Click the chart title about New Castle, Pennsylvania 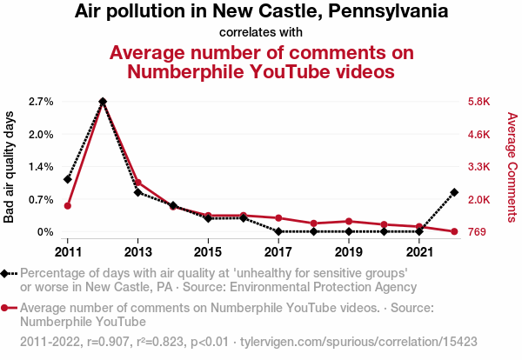click(x=261, y=12)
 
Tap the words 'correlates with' click(x=261, y=32)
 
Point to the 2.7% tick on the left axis click(x=41, y=102)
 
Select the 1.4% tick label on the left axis click(x=41, y=167)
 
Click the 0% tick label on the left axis click(x=45, y=232)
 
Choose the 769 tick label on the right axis click(x=477, y=232)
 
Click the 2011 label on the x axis click(x=67, y=251)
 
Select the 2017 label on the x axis click(x=278, y=251)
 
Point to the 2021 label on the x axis click(x=419, y=251)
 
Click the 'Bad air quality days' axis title click(x=10, y=167)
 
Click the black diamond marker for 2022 click(x=454, y=192)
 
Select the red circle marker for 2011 click(x=67, y=206)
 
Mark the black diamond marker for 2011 click(x=67, y=179)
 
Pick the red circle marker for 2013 click(x=137, y=183)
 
